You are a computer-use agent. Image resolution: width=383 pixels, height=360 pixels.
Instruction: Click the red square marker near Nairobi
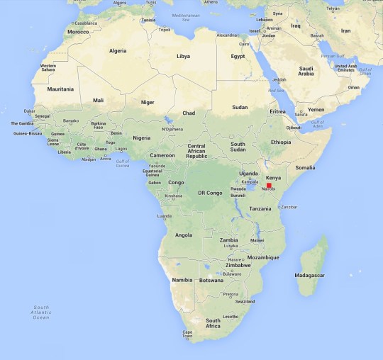click(269, 185)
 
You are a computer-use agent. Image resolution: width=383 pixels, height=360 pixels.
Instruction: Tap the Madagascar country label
click(310, 274)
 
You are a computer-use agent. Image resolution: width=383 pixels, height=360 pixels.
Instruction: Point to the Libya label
click(183, 56)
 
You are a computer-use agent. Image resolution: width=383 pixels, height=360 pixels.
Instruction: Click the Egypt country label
click(237, 56)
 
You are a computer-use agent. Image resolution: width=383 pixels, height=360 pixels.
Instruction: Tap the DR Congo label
click(210, 193)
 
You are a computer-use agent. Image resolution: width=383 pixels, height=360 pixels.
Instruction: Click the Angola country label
click(183, 235)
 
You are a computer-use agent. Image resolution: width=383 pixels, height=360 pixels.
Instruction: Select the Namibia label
click(182, 279)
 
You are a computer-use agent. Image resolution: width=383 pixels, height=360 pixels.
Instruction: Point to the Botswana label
click(211, 280)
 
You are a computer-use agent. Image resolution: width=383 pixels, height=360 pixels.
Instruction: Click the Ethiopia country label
click(280, 142)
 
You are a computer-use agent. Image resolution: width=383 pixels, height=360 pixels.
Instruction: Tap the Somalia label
click(305, 167)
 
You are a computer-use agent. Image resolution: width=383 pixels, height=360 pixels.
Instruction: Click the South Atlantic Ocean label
click(41, 313)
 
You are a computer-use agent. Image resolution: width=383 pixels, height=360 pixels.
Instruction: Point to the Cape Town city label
click(188, 333)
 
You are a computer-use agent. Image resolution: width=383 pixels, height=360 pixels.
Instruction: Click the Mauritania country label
click(61, 89)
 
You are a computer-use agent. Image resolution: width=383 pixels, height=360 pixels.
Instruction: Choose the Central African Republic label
click(196, 150)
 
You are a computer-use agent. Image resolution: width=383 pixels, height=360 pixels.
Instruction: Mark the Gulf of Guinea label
click(126, 164)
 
